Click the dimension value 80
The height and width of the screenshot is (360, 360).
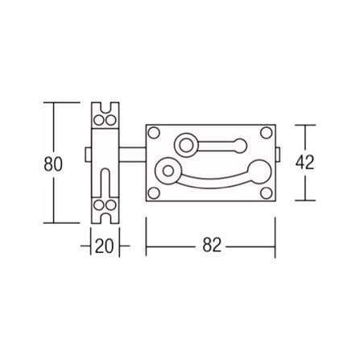(53, 163)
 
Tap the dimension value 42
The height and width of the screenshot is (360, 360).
(304, 163)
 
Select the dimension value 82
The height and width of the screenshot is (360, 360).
(212, 245)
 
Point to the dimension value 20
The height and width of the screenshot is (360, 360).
(105, 246)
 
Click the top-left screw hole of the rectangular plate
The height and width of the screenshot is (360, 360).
(154, 133)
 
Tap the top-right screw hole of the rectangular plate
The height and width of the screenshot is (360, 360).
(267, 133)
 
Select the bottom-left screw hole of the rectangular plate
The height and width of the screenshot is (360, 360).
(154, 193)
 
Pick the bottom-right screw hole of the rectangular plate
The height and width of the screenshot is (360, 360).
(267, 193)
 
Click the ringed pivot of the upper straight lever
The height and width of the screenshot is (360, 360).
(186, 146)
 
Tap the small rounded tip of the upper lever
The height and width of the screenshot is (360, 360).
(240, 146)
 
